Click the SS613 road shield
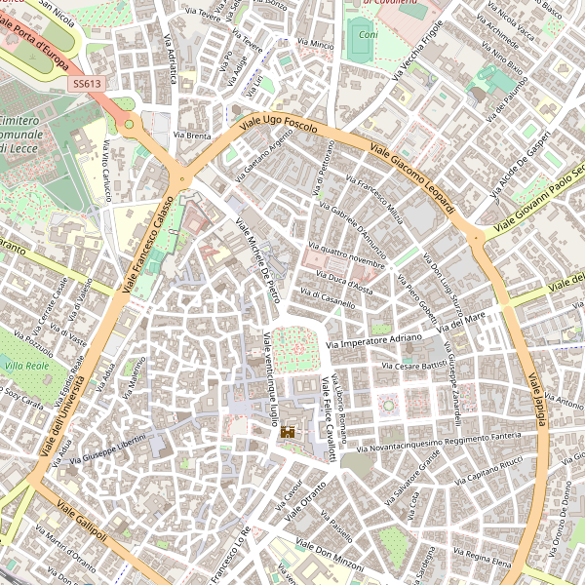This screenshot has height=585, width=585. tap(86, 85)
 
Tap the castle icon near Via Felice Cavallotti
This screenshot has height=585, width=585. tap(288, 431)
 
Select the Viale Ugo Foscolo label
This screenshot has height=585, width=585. tap(279, 128)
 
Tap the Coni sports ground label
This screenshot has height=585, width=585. tap(368, 35)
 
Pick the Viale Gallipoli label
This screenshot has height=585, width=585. tap(82, 524)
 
